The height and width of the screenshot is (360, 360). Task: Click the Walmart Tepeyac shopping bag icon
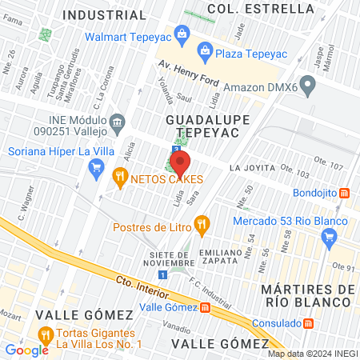(x=182, y=34)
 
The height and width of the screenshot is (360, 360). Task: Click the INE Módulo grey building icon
(x=118, y=122)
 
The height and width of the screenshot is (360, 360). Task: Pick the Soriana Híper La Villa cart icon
(x=97, y=167)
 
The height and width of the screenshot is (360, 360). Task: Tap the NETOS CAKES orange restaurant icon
(x=120, y=176)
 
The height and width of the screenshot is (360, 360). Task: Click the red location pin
(x=180, y=163)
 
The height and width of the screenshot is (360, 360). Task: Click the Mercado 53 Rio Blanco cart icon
(x=327, y=236)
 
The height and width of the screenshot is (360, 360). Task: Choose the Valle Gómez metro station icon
(x=205, y=307)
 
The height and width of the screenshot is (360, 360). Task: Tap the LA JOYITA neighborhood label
(x=252, y=168)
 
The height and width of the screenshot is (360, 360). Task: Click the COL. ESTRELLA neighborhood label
(x=260, y=8)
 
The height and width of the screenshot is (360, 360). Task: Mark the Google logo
(x=26, y=350)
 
